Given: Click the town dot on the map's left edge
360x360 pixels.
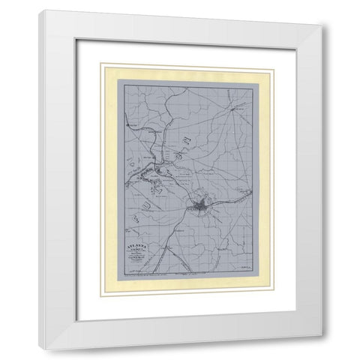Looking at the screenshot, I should [128, 124].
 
